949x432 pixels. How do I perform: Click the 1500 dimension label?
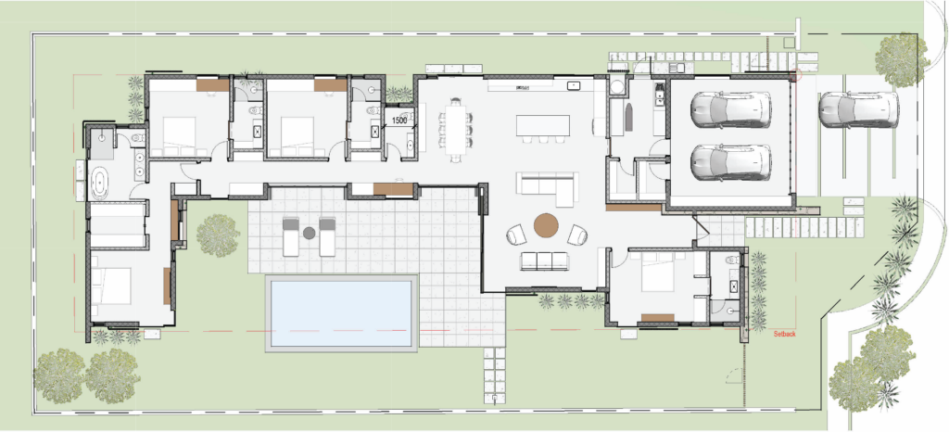(x=399, y=121)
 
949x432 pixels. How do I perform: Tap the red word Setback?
(x=784, y=334)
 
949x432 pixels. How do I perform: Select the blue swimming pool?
(x=341, y=312)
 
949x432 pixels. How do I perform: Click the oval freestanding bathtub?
(x=98, y=184)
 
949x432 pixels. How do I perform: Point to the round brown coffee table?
(x=546, y=225)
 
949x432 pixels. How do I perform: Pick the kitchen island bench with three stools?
(x=543, y=128)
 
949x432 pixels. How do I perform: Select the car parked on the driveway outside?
(x=858, y=109)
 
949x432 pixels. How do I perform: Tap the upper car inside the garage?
(x=731, y=109)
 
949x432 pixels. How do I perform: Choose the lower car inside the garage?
(x=731, y=162)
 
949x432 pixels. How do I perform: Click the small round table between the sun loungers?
(x=310, y=233)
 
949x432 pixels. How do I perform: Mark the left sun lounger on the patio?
(x=291, y=236)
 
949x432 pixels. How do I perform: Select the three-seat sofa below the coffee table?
(x=545, y=260)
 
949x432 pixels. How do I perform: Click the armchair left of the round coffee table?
(x=516, y=235)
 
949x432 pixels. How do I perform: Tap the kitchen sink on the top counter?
(x=573, y=85)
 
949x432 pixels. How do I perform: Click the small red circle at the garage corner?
(x=795, y=75)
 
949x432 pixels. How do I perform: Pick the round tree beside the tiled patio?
(x=218, y=235)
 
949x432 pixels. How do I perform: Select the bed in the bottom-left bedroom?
(x=111, y=286)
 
